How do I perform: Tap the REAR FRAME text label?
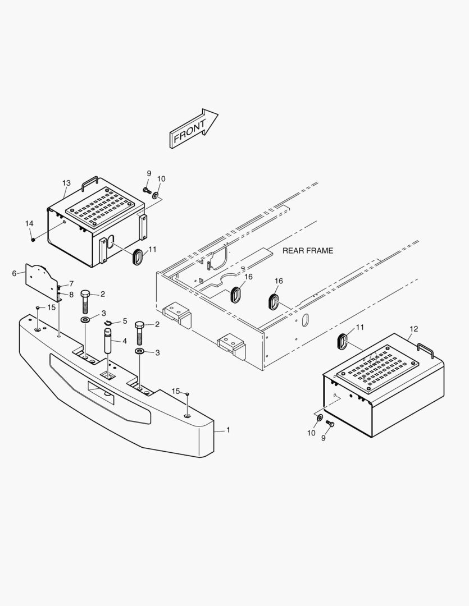[x=307, y=251]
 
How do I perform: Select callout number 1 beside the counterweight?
[x=228, y=430]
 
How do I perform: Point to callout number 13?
[x=66, y=183]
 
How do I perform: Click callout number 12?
[x=414, y=329]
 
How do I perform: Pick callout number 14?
[x=29, y=223]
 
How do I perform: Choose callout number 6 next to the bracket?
[x=14, y=273]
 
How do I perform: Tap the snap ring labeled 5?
[x=110, y=323]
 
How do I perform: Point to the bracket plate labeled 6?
[x=42, y=278]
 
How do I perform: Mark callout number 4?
[x=124, y=341]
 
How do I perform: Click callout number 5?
[x=125, y=321]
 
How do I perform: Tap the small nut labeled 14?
[x=34, y=240]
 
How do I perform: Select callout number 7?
[x=71, y=283]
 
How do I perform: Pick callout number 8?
[x=71, y=294]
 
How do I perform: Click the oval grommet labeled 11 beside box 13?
[x=137, y=256]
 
